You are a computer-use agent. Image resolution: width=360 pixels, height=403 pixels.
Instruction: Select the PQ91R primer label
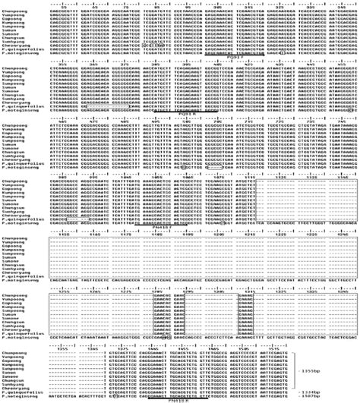click(x=165, y=115)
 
